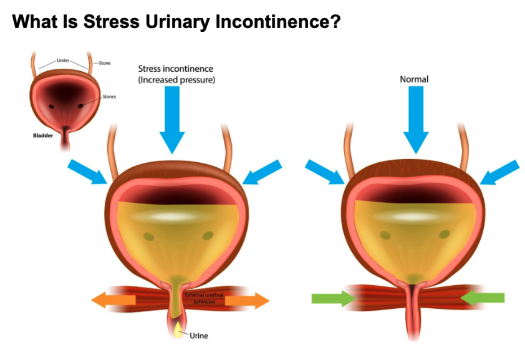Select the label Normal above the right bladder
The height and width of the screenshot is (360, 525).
pyautogui.click(x=414, y=79)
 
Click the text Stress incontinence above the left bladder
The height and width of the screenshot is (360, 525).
pyautogui.click(x=175, y=69)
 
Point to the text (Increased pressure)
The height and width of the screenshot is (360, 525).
pyautogui.click(x=175, y=79)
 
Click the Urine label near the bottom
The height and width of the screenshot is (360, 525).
pyautogui.click(x=198, y=336)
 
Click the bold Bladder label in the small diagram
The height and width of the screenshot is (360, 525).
pyautogui.click(x=43, y=134)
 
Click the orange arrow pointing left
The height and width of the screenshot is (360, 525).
pyautogui.click(x=113, y=300)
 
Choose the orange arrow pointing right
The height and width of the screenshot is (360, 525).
pyautogui.click(x=248, y=301)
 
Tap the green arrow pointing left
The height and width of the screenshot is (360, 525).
pyautogui.click(x=483, y=298)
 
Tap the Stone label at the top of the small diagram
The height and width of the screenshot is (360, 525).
pyautogui.click(x=105, y=63)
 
